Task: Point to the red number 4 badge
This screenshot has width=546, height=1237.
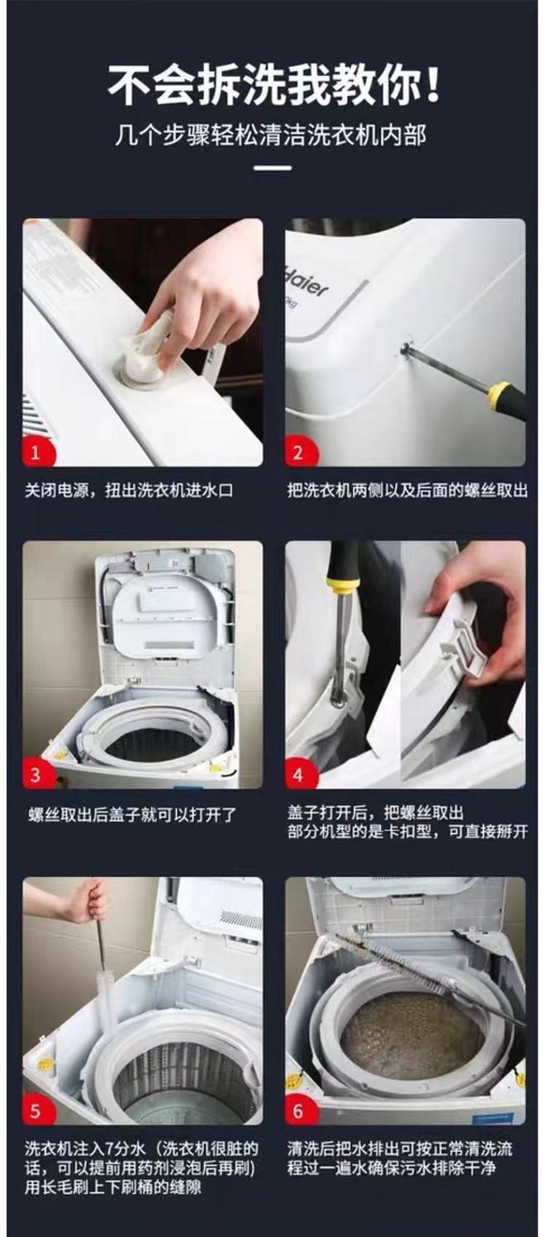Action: pos(299,775)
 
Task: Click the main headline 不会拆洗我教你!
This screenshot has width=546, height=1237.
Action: pos(273,85)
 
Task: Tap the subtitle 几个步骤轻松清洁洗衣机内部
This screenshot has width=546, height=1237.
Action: pos(273,134)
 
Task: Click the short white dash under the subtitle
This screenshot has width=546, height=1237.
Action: pos(273,168)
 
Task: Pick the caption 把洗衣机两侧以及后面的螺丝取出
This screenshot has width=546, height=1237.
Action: pos(406,491)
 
